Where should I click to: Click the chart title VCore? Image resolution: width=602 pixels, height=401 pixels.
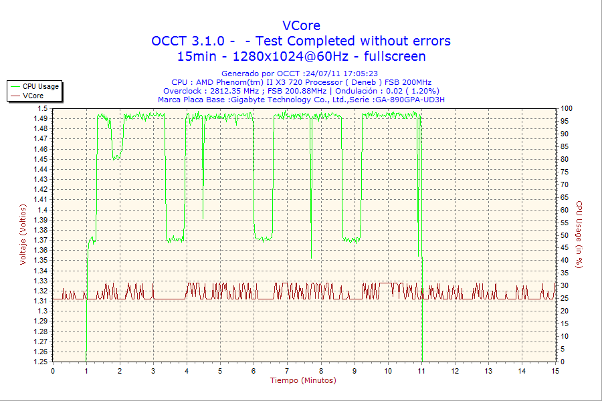coord(301,25)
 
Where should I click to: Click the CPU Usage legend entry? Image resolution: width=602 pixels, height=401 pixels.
coord(40,86)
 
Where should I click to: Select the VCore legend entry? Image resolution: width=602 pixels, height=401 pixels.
coord(33,96)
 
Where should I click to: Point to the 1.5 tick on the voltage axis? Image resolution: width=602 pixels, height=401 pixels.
coord(43,108)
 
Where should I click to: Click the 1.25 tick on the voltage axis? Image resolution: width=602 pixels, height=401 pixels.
coord(41,362)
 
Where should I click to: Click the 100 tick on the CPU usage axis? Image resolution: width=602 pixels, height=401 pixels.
coord(567,108)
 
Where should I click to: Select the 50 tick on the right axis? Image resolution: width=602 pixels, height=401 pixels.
coord(565,235)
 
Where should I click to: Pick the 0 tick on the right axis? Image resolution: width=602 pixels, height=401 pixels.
coord(563,362)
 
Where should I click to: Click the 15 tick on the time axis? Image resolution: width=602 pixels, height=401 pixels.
coord(555,371)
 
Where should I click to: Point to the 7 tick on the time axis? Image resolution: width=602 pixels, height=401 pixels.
coord(287,371)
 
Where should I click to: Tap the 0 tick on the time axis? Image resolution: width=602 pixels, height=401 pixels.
coord(53,371)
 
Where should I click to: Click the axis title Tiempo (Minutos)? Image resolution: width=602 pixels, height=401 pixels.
coord(303,381)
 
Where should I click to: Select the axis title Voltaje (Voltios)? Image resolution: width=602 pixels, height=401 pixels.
coord(23,235)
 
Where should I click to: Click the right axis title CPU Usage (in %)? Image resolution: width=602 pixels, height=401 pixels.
coord(580,235)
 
